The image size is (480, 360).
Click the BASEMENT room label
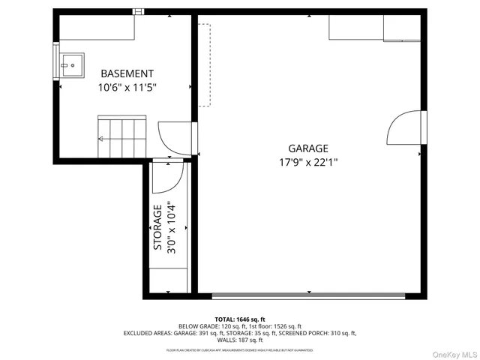coord(127,73)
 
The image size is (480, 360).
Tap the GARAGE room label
coord(307,148)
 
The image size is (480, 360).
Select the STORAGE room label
coord(157,227)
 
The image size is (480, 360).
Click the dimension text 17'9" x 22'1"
coord(307,162)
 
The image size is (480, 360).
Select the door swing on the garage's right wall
coord(403,128)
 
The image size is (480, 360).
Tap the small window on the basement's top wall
coord(137,11)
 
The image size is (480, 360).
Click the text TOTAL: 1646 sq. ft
coord(240,319)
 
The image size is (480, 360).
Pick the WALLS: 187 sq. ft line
coord(240,340)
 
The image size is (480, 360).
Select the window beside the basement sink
coord(55,61)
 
